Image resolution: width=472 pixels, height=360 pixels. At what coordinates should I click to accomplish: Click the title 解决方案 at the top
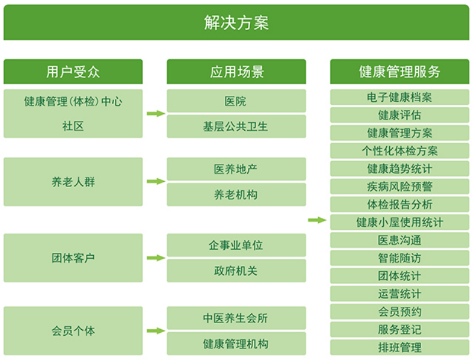pyautogui.click(x=237, y=22)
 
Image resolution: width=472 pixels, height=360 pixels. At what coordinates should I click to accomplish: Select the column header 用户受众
pyautogui.click(x=73, y=72)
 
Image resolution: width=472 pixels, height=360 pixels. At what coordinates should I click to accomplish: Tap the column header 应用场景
pyautogui.click(x=237, y=72)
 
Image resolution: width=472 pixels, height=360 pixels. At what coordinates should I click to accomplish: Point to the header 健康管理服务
pyautogui.click(x=399, y=72)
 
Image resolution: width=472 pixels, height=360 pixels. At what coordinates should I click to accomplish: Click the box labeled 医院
pyautogui.click(x=237, y=101)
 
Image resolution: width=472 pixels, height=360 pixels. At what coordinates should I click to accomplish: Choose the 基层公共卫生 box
pyautogui.click(x=237, y=127)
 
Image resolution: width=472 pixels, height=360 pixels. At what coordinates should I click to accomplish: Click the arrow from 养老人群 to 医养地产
pyautogui.click(x=156, y=181)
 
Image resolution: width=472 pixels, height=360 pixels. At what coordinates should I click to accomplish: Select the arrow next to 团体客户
pyautogui.click(x=156, y=258)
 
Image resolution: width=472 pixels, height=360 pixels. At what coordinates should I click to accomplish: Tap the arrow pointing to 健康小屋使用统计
pyautogui.click(x=317, y=220)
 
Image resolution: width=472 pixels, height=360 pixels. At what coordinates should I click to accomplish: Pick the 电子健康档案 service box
pyautogui.click(x=399, y=97)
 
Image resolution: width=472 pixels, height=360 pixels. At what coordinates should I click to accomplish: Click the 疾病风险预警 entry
pyautogui.click(x=399, y=187)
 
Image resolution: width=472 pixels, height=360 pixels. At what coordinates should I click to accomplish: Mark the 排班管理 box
pyautogui.click(x=399, y=348)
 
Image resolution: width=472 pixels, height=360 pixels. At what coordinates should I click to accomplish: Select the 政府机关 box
pyautogui.click(x=237, y=271)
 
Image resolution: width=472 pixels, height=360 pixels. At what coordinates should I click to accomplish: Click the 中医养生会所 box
pyautogui.click(x=237, y=318)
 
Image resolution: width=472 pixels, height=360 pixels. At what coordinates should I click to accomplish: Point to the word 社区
pyautogui.click(x=73, y=126)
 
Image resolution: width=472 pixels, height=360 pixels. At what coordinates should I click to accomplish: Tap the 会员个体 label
pyautogui.click(x=73, y=331)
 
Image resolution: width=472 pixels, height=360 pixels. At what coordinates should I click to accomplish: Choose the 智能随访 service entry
pyautogui.click(x=399, y=258)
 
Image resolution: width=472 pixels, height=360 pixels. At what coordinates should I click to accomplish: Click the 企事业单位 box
pyautogui.click(x=237, y=245)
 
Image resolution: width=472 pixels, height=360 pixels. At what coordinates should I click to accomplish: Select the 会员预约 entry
pyautogui.click(x=399, y=312)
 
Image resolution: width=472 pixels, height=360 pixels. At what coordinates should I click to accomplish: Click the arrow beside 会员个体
pyautogui.click(x=156, y=331)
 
